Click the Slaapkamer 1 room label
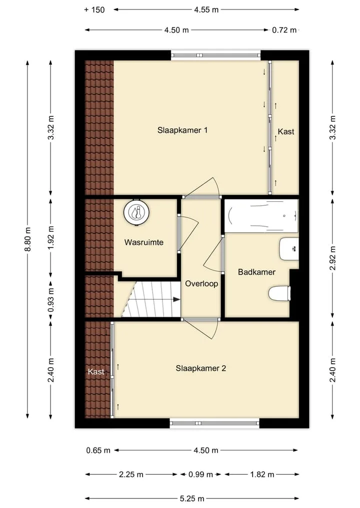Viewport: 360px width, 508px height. point(182,130)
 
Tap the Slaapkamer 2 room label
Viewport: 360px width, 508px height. point(201,368)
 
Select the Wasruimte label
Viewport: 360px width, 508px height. point(144,242)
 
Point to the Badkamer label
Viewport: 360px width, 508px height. point(256,272)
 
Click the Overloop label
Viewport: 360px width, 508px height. point(201,284)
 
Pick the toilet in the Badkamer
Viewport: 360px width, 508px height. point(279,294)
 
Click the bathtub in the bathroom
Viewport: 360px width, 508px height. point(261,216)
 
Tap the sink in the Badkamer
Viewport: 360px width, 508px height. point(288,249)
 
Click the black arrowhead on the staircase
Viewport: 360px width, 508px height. point(177,299)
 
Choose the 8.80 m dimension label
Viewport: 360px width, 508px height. point(28,239)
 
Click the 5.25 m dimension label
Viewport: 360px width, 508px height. point(192,499)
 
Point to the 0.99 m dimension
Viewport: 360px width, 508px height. point(201,475)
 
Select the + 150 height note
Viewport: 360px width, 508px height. point(94,9)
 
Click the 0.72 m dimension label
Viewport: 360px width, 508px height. point(284,30)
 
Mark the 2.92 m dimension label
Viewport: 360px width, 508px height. point(333,258)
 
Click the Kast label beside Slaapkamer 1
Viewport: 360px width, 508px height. point(286,131)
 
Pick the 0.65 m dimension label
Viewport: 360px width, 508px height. point(98,451)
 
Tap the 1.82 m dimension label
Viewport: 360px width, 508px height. point(262,475)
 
